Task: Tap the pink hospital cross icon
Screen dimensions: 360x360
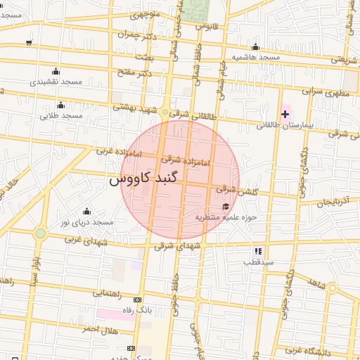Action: (x=285, y=112)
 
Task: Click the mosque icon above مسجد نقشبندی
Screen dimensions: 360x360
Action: (x=56, y=71)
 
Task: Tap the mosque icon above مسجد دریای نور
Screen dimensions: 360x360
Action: (x=86, y=211)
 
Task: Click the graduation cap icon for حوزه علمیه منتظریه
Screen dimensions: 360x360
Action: (x=225, y=206)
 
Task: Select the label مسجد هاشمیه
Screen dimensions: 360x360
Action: (x=257, y=56)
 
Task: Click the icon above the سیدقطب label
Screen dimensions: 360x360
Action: (x=258, y=250)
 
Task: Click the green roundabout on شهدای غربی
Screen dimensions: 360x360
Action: (x=41, y=233)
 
